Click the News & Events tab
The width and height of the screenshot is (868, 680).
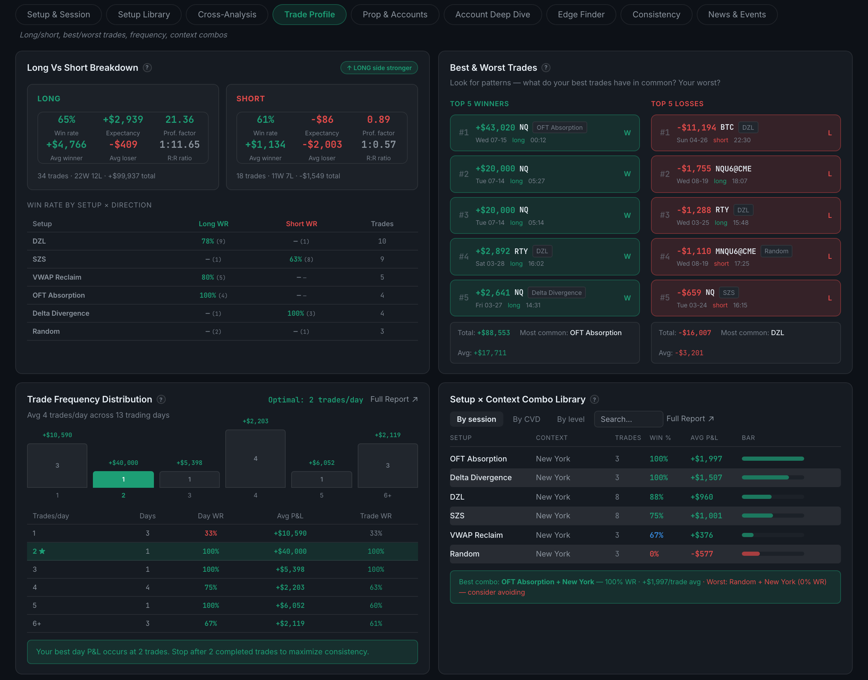coord(737,15)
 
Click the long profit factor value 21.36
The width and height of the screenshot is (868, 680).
coord(180,119)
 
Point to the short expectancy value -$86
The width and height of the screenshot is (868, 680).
coord(322,119)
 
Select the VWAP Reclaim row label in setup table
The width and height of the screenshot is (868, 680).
coord(57,277)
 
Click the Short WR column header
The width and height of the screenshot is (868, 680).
coord(302,224)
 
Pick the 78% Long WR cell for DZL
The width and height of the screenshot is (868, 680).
coord(208,241)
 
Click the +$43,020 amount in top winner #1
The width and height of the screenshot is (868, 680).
coord(495,127)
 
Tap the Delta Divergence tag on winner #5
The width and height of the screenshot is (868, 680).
coord(556,292)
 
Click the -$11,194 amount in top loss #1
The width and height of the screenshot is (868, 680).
coord(696,127)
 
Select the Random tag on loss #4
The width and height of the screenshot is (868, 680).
coord(776,251)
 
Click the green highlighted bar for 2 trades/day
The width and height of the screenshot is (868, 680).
coord(123,479)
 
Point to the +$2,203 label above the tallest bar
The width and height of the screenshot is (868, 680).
coord(255,421)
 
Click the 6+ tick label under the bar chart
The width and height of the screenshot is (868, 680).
coord(388,495)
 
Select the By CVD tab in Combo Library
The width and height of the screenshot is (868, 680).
coord(526,419)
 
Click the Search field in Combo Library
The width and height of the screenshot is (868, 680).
coord(628,419)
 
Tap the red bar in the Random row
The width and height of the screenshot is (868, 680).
coord(750,554)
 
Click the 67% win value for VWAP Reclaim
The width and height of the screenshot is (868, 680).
coord(656,535)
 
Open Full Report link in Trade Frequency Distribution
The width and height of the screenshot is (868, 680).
coord(394,399)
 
